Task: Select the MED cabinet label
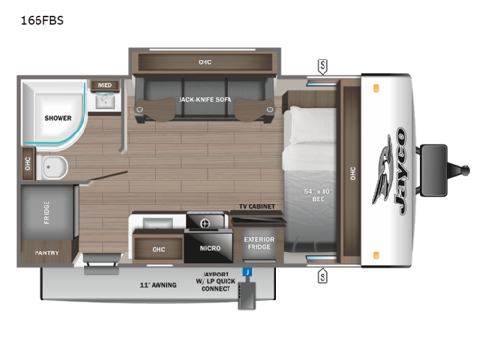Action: click(x=105, y=85)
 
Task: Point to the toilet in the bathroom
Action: click(x=55, y=167)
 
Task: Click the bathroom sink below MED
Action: click(x=107, y=102)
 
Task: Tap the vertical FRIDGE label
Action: click(x=47, y=212)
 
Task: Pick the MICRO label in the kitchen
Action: click(x=209, y=248)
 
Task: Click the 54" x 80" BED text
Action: click(x=316, y=195)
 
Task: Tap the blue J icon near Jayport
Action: click(x=247, y=273)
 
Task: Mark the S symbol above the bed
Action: click(x=323, y=65)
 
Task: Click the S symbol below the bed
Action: click(x=323, y=277)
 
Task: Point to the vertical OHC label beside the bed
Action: click(x=352, y=174)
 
